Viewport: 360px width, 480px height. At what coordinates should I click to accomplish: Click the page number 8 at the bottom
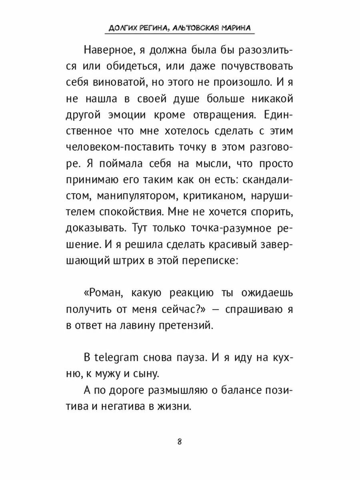(x=180, y=442)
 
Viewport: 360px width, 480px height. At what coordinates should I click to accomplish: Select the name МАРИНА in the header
(x=239, y=29)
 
